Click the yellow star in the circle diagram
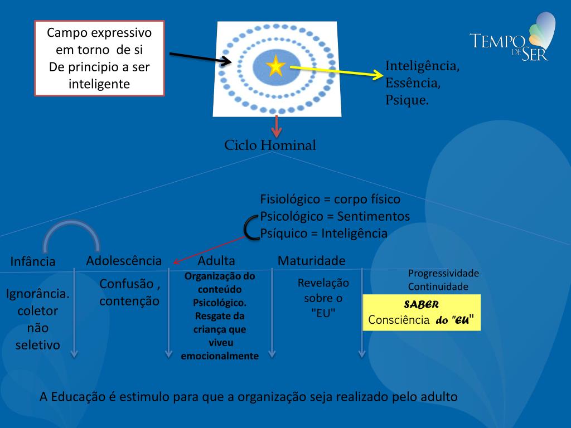pyautogui.click(x=275, y=67)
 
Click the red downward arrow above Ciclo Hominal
pyautogui.click(x=276, y=127)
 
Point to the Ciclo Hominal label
pyautogui.click(x=270, y=146)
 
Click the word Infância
pyautogui.click(x=33, y=261)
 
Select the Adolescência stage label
pyautogui.click(x=124, y=260)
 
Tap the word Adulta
pyautogui.click(x=216, y=261)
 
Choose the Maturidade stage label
pyautogui.click(x=311, y=261)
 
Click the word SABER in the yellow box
pyautogui.click(x=421, y=305)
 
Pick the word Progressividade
pyautogui.click(x=443, y=274)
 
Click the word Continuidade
pyautogui.click(x=438, y=287)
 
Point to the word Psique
pyautogui.click(x=407, y=100)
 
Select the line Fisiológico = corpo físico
pyautogui.click(x=330, y=199)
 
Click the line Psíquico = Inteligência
pyautogui.click(x=323, y=234)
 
